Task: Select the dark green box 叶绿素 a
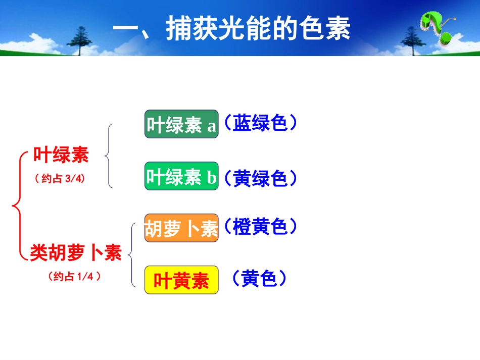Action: (181, 124)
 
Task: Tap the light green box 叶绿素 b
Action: (181, 177)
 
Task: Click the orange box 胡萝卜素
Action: (181, 228)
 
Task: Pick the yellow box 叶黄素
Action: (181, 280)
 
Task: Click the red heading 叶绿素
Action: (61, 155)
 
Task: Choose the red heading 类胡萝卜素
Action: (76, 252)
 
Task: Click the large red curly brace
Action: (18, 205)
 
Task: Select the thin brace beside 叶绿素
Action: (109, 156)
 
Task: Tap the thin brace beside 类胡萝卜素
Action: (132, 255)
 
